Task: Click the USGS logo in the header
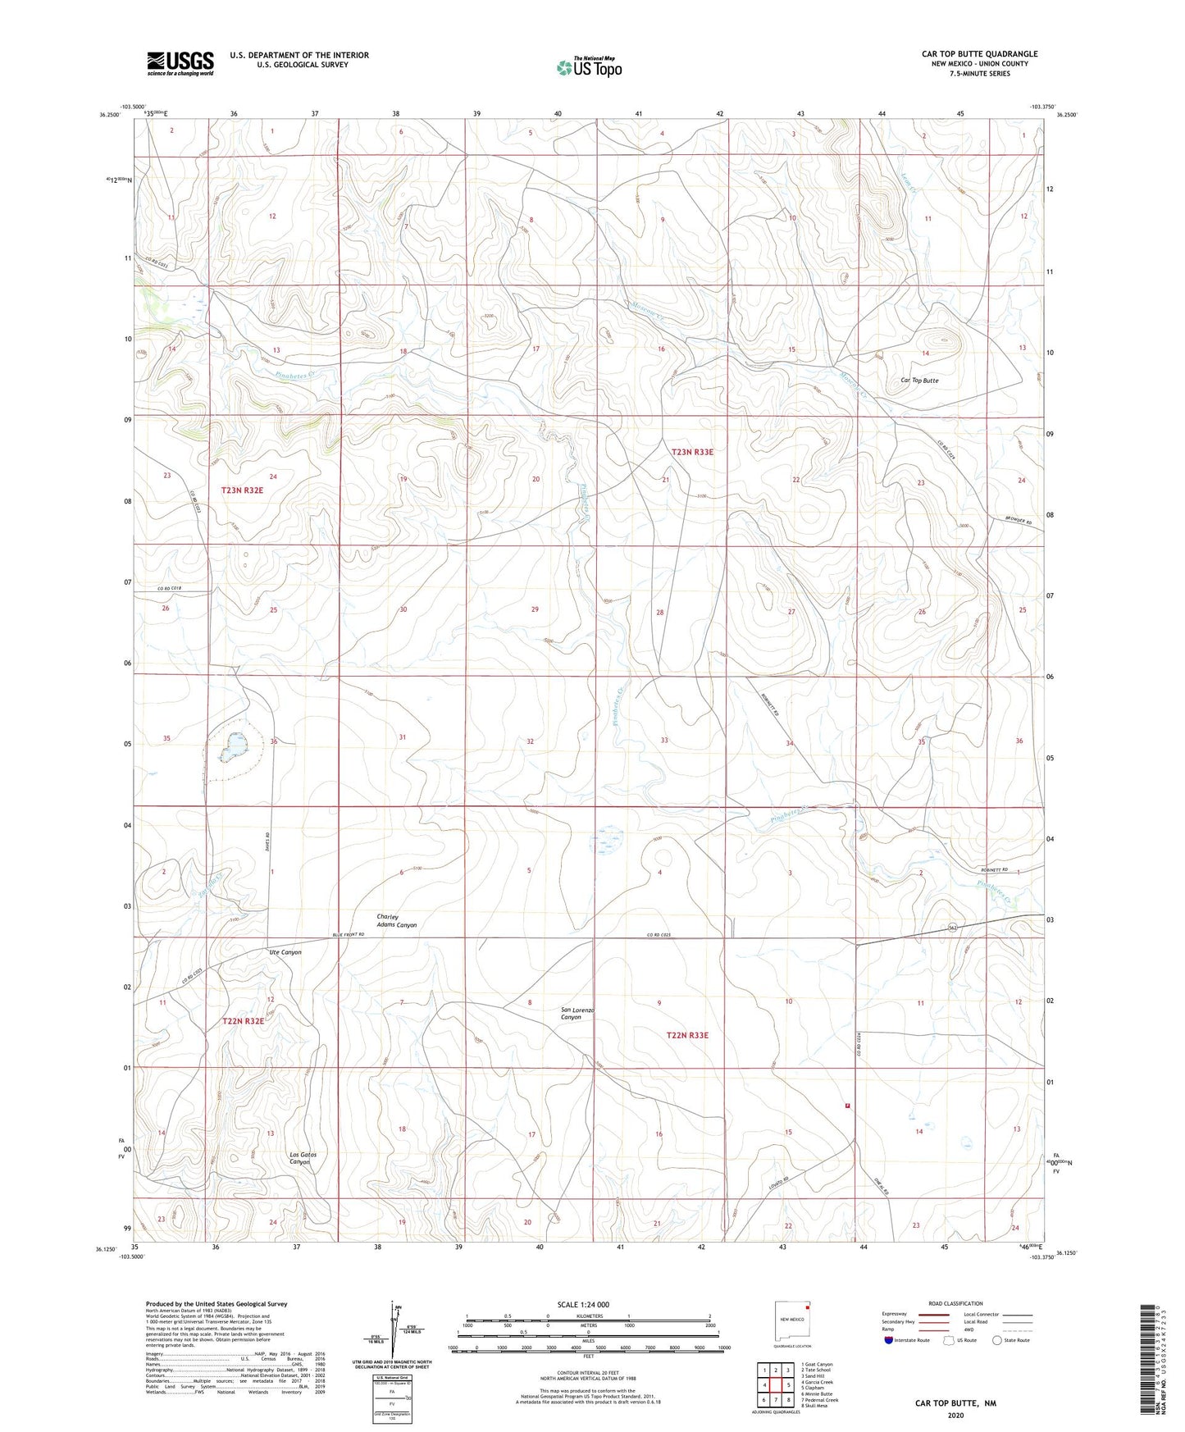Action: tap(180, 63)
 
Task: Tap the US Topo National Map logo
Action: tap(589, 67)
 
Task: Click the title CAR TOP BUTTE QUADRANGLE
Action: tap(979, 54)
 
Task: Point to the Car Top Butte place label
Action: tap(919, 381)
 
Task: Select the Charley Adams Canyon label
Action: tap(396, 921)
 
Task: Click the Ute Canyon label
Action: tap(285, 952)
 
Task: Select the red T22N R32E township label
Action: tap(243, 1021)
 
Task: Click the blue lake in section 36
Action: tap(235, 744)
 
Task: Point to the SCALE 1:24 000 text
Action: tap(583, 1305)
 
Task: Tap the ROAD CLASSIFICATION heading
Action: tap(955, 1303)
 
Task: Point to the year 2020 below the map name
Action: tap(955, 1415)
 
